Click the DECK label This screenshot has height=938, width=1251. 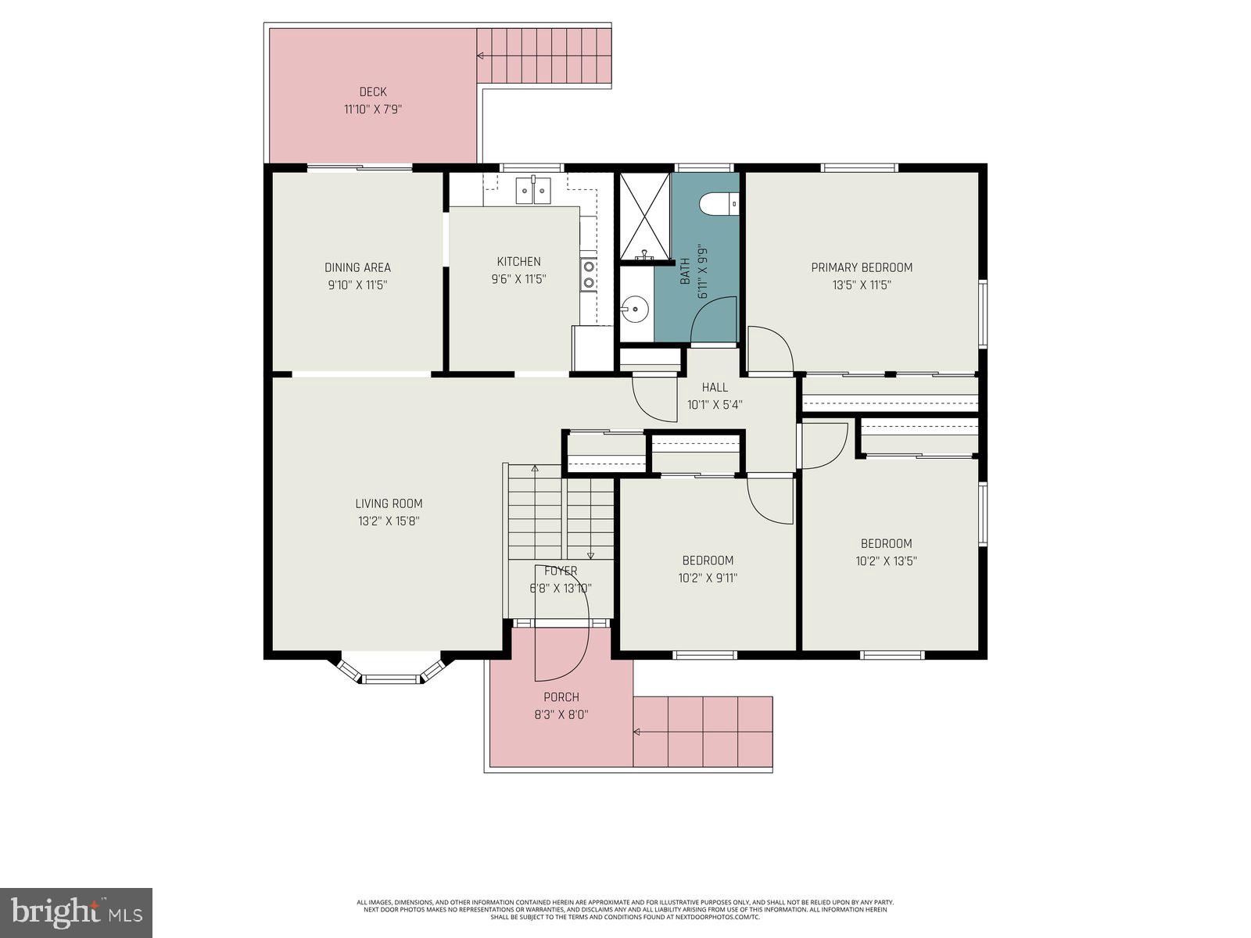(373, 92)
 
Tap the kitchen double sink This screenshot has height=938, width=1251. (532, 190)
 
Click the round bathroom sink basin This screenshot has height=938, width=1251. (636, 310)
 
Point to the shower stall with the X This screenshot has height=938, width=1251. (644, 215)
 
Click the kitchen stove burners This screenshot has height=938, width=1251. (588, 274)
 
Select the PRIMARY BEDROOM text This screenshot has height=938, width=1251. (862, 267)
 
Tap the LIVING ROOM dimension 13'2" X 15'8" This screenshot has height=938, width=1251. (389, 521)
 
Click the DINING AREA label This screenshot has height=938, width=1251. (357, 267)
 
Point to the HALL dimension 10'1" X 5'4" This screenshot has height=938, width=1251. (714, 405)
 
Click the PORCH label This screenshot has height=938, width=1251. (561, 697)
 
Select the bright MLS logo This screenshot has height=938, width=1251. (76, 913)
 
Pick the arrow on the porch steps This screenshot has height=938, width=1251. (637, 732)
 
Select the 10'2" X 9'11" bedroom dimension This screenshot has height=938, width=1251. (708, 578)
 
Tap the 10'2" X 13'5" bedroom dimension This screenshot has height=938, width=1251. (886, 561)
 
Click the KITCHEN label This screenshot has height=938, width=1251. (518, 262)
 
